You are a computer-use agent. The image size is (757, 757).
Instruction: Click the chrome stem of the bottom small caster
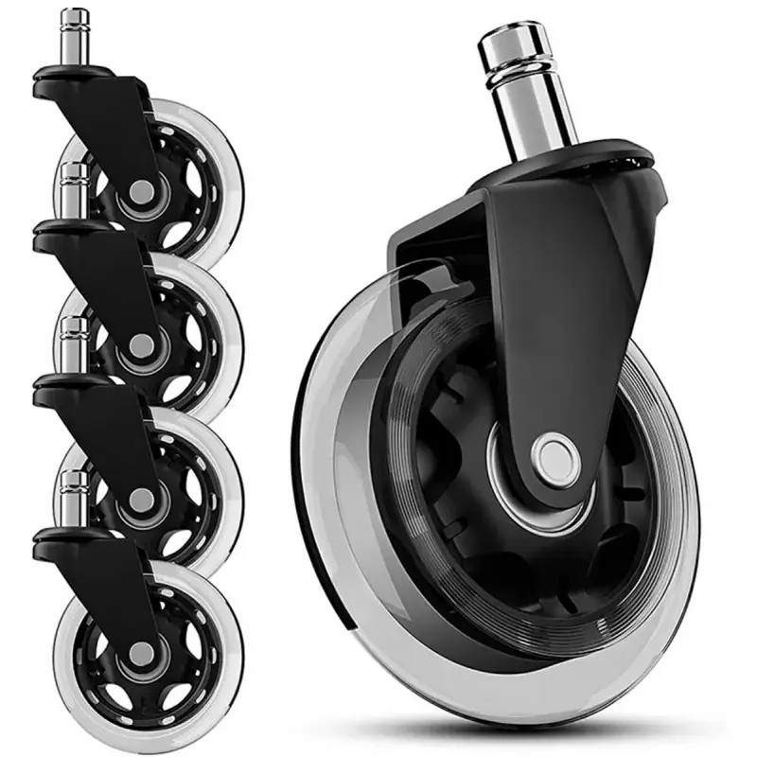click(73, 502)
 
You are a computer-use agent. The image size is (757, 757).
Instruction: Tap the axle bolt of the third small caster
click(140, 499)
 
